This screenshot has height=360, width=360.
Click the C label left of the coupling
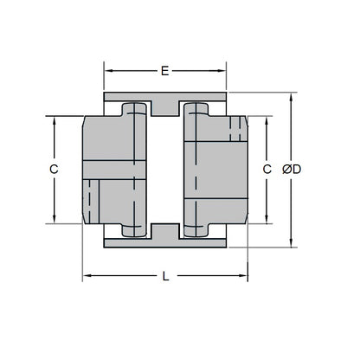tap(54, 170)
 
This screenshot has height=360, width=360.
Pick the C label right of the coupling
tap(267, 170)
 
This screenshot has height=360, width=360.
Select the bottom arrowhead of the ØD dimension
tap(291, 246)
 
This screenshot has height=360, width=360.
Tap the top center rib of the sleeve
tap(164, 106)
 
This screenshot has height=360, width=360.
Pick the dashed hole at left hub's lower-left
tap(89, 199)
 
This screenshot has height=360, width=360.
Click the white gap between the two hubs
tap(164, 170)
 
